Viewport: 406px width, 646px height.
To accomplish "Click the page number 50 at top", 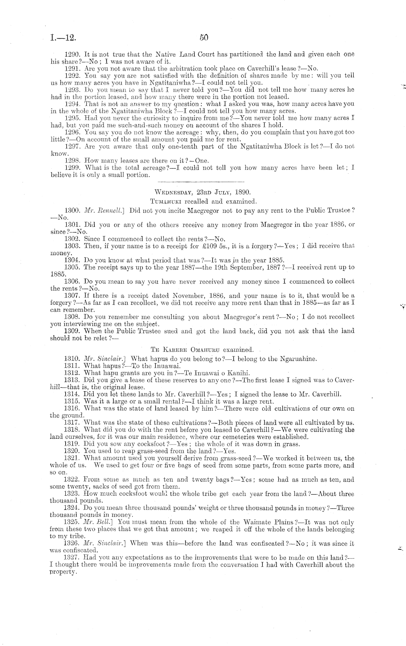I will (204, 37).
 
